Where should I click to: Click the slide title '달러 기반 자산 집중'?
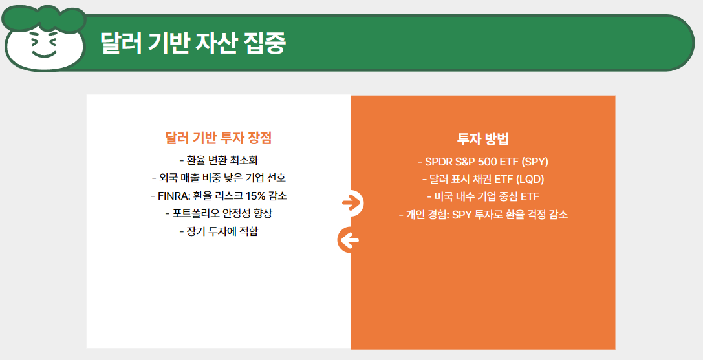coord(192,43)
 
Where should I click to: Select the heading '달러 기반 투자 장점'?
coord(219,138)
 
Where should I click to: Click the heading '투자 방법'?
coord(483,139)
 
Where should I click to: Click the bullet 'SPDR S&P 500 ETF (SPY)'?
coord(482,162)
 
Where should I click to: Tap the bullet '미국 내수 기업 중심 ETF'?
coord(482,196)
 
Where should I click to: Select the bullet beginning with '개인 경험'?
coord(482,215)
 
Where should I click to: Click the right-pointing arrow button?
coord(351,203)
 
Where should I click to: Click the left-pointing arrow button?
coord(349,241)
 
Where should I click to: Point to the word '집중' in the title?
coord(265,43)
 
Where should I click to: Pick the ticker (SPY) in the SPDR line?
coord(534,162)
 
